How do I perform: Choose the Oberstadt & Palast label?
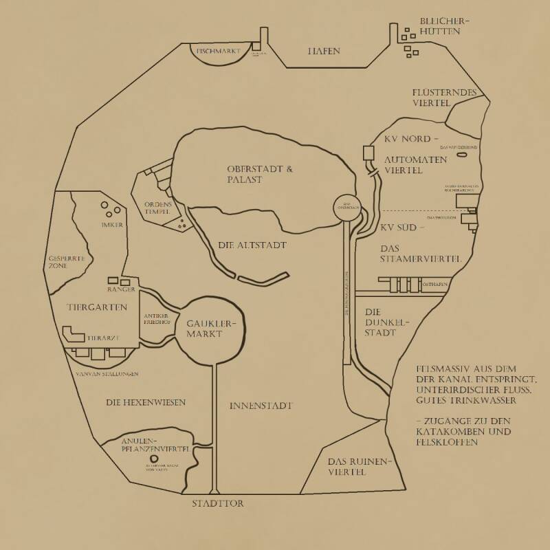pos(254,174)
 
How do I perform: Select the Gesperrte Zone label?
pos(66,263)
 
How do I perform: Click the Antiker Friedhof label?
pos(157,319)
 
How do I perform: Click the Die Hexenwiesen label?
pos(146,402)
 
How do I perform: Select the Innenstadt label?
pos(261,406)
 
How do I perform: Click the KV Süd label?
pos(403,227)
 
